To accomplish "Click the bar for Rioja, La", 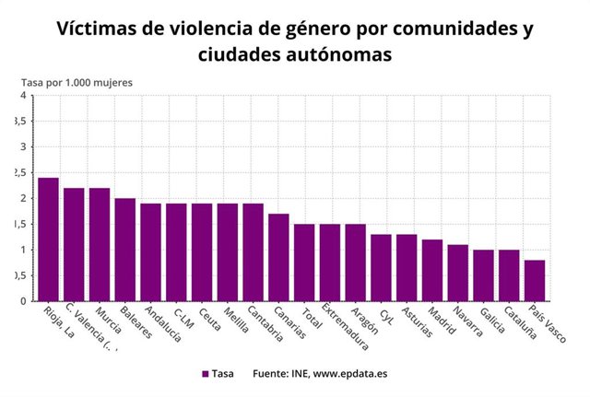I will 48,239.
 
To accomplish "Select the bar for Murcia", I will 100,244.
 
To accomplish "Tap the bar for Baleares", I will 125,250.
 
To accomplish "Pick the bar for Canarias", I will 278,257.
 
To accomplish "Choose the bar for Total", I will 304,263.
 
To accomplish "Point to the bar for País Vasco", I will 535,280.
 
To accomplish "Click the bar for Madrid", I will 432,270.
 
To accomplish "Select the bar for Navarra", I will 458,273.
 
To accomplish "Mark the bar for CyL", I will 381,267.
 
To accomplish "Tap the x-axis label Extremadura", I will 345,326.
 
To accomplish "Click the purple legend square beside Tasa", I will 206,374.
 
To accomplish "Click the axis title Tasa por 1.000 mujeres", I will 77,82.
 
